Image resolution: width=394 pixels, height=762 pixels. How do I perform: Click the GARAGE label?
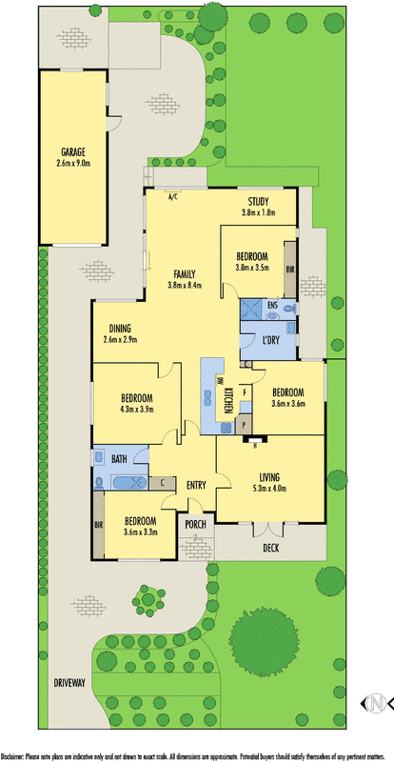pos(73,151)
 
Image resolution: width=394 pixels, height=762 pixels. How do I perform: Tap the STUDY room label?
pos(258,201)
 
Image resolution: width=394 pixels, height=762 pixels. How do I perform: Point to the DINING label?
pos(120,329)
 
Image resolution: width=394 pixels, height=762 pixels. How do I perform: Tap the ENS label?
pos(272,306)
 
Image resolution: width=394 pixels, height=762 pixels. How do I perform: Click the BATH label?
pos(119,459)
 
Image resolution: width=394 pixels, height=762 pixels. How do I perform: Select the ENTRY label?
pos(196,486)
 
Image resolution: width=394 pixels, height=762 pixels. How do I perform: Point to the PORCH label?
pos(196,525)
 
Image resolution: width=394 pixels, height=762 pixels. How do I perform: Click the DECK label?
pos(271,548)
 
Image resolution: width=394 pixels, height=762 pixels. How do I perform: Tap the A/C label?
pos(173,198)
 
